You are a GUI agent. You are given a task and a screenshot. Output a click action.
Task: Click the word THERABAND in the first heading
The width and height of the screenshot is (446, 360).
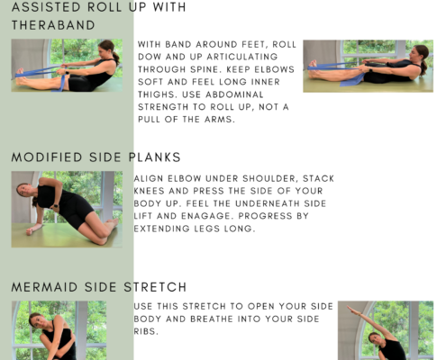(x=53, y=25)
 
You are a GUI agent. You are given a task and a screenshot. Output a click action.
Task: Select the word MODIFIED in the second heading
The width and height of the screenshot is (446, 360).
(x=47, y=157)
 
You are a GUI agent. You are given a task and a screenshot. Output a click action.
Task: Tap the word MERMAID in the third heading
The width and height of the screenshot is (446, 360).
(x=44, y=287)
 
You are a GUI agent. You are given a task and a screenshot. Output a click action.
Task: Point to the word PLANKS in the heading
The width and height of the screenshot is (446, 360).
(x=154, y=157)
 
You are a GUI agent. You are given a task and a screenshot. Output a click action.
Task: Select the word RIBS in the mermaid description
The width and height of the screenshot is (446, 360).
(x=146, y=331)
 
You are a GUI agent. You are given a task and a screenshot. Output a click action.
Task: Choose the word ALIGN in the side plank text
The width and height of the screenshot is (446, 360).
(x=149, y=178)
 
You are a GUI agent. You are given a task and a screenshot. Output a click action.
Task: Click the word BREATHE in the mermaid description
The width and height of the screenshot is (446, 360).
(x=211, y=319)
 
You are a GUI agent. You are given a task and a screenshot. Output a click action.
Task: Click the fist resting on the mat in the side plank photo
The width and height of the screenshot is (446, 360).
(x=30, y=231)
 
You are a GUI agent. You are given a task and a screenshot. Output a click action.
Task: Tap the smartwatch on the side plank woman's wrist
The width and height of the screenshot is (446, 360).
(x=55, y=207)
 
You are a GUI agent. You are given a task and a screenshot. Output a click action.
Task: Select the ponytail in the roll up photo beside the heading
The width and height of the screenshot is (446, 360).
(x=116, y=57)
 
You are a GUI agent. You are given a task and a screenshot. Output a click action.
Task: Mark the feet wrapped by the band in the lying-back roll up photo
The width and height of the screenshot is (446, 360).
(x=314, y=67)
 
